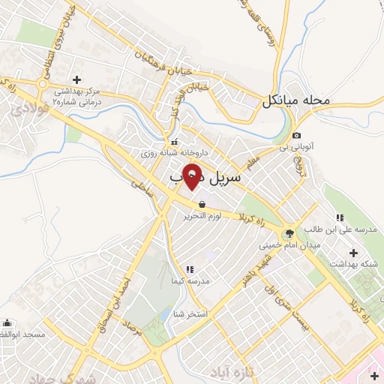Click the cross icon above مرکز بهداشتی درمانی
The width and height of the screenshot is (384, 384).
[76, 79]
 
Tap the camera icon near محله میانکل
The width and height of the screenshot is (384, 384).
[295, 136]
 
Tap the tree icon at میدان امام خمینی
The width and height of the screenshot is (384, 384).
[289, 232]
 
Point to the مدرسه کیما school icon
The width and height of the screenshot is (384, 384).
[189, 268]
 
